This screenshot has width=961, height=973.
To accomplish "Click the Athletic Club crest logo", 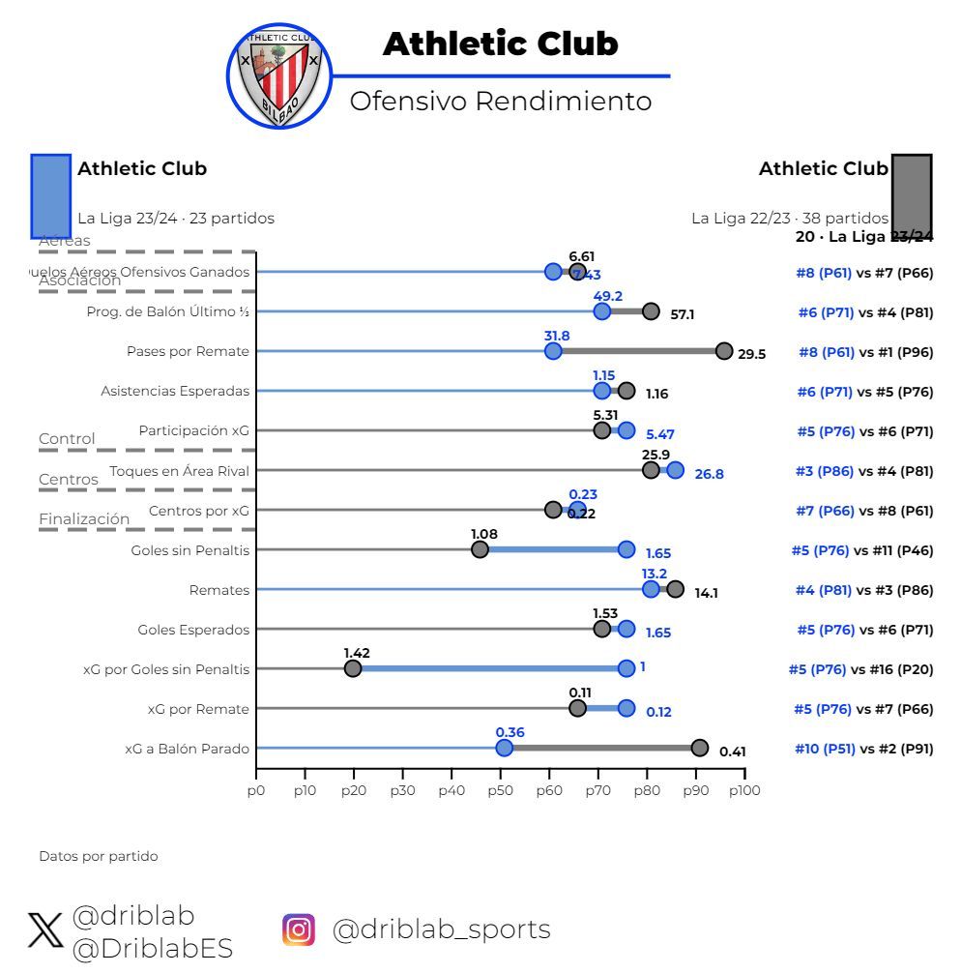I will pos(279,74).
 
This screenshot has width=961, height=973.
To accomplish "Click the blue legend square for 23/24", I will pos(50,195).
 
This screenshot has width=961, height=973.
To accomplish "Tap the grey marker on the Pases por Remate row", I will pos(723,351).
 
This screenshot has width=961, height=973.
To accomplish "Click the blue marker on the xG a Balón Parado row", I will pos(504,748).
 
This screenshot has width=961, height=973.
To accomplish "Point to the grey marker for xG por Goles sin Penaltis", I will pos(353,668).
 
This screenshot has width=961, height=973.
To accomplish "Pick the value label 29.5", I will pos(751,354).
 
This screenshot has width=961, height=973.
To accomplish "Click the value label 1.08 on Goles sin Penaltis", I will pos(484,534).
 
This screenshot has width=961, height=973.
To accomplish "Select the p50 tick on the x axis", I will pos(500,790).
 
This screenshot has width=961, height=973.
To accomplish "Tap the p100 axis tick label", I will pos(743,790).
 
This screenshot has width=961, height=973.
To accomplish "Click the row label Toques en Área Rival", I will pos(179,471).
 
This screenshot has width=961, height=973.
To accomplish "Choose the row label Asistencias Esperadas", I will pos(175,391).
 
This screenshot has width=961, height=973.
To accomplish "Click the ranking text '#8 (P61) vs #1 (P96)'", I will pos(865,352).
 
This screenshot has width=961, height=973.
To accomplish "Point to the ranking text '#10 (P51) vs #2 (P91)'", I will pos(863,749).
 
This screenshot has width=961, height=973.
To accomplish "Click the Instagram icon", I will pos(299,929).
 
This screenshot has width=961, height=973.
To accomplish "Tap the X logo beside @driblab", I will pos(44,931).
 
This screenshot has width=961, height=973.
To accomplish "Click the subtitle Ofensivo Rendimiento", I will pos(500,101).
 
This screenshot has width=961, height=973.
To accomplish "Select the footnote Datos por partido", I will pos(98,856).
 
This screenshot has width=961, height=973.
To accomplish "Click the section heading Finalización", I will pos(84,519).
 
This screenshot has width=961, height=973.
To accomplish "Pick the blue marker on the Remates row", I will pos(651,589).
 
